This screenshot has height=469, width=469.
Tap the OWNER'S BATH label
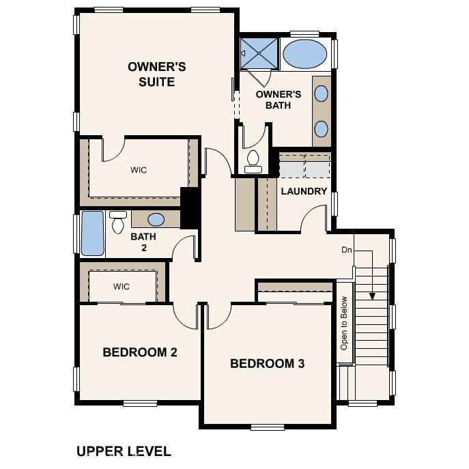[278, 100]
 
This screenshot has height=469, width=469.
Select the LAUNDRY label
[304, 191]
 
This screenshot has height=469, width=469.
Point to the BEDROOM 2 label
[140, 352]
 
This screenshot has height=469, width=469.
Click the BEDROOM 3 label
[267, 363]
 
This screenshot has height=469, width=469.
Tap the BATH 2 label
[143, 242]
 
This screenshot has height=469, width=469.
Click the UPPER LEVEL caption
[124, 451]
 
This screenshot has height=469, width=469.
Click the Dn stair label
[347, 250]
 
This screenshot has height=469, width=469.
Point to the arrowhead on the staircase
[372, 296]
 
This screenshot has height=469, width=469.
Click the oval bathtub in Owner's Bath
[304, 53]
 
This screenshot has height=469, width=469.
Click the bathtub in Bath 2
[92, 233]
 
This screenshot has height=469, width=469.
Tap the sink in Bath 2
[156, 219]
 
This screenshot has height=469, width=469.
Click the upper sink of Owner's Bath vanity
[321, 94]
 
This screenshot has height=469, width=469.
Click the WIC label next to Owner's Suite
[139, 170]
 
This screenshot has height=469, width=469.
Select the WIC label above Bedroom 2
[122, 286]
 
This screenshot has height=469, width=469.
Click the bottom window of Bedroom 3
[267, 427]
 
